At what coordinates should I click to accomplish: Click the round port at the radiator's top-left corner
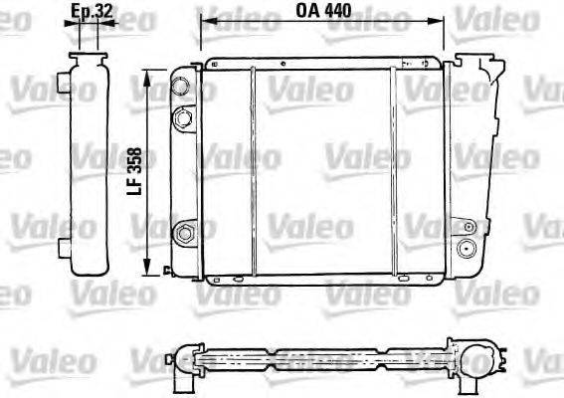pyautogui.click(x=180, y=86)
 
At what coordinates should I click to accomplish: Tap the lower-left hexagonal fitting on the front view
pyautogui.click(x=182, y=234)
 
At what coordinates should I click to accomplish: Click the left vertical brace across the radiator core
pyautogui.click(x=255, y=169)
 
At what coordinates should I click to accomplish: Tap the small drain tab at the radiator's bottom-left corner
pyautogui.click(x=165, y=267)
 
